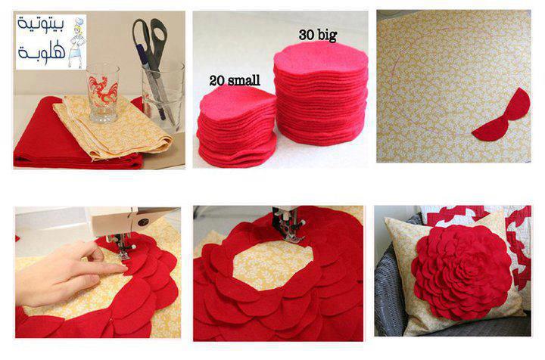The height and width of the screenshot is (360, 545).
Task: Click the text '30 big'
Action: (318, 35)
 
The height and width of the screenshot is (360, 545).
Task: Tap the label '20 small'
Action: (235, 80)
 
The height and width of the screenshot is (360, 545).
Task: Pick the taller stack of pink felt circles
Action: (320, 93)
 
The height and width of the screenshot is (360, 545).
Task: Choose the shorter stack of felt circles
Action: (237, 127)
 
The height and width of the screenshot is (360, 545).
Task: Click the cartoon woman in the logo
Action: (77, 42)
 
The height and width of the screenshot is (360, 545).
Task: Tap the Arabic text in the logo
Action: (42, 38)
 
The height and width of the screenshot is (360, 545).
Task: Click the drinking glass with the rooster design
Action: (103, 94)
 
